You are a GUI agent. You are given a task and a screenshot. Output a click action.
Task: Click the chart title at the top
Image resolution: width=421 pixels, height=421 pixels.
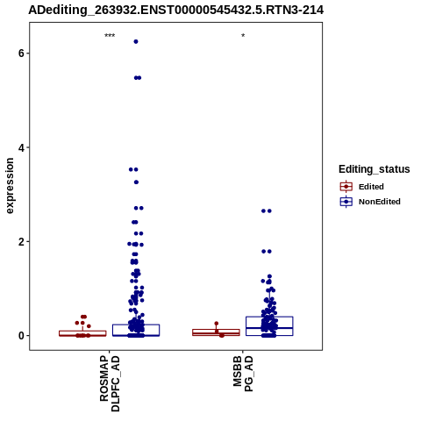click(x=176, y=11)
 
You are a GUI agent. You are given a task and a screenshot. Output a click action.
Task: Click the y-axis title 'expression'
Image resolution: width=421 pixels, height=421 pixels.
click(x=10, y=186)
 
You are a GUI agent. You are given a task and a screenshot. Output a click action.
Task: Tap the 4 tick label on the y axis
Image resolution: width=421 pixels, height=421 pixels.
click(x=21, y=147)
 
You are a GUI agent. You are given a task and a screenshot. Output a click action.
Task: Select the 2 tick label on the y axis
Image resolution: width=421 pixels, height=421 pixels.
click(x=21, y=242)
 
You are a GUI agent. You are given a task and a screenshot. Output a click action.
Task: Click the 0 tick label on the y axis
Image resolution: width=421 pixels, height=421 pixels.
click(x=21, y=336)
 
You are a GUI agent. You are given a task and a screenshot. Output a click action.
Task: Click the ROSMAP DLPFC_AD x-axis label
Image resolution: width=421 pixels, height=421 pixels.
click(x=110, y=383)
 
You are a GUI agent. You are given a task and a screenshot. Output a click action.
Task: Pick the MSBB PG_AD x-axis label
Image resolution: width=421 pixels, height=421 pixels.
click(x=243, y=374)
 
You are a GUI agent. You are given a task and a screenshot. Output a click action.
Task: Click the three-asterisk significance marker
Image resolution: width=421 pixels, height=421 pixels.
click(x=110, y=36)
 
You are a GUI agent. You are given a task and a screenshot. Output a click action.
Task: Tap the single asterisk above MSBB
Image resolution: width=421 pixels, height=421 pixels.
click(x=243, y=36)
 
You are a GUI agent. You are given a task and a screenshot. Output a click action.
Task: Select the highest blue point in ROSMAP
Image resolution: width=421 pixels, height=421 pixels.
click(x=136, y=41)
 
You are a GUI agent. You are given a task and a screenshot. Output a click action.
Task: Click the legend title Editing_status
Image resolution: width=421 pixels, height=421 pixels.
click(x=375, y=169)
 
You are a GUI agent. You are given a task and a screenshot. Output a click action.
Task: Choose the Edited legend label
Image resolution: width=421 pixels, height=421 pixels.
click(x=371, y=187)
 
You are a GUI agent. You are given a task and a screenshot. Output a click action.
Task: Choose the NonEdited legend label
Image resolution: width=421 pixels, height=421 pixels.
click(x=380, y=202)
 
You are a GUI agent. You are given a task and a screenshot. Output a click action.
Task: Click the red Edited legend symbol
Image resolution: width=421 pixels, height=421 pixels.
click(x=346, y=187)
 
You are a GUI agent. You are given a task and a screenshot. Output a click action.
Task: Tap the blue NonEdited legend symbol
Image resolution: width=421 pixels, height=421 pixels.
click(x=346, y=202)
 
